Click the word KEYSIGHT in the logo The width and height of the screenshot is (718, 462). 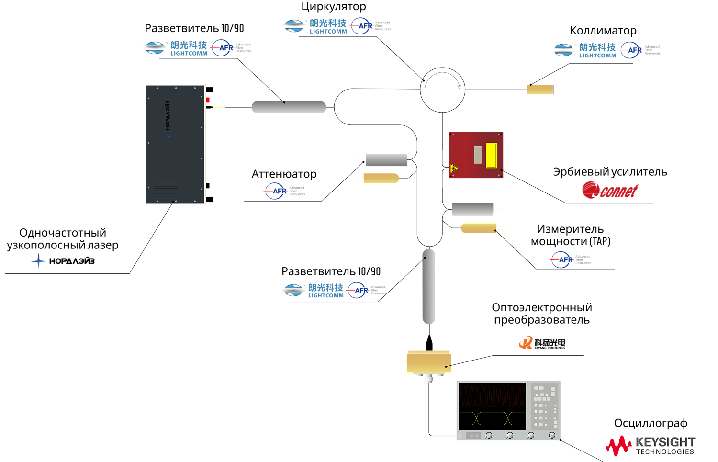pyautogui.click(x=665, y=442)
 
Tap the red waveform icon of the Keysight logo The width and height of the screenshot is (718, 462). pyautogui.click(x=619, y=446)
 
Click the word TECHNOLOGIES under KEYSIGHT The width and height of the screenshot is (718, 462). pyautogui.click(x=665, y=452)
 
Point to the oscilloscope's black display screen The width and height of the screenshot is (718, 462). pyautogui.click(x=492, y=404)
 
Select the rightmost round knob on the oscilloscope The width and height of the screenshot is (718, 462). pyautogui.click(x=552, y=435)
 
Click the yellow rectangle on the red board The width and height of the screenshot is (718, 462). pyautogui.click(x=491, y=156)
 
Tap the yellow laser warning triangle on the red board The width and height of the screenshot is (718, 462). pyautogui.click(x=454, y=168)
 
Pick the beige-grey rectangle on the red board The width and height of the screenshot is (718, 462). pyautogui.click(x=478, y=155)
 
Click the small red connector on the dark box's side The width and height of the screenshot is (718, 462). pyautogui.click(x=208, y=100)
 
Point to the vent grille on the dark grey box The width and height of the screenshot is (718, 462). pyautogui.click(x=166, y=189)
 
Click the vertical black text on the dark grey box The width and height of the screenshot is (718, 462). pyautogui.click(x=168, y=115)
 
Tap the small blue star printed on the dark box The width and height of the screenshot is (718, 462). pyautogui.click(x=167, y=136)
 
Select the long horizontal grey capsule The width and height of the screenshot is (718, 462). pyautogui.click(x=289, y=107)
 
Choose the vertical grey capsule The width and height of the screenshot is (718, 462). pyautogui.click(x=429, y=286)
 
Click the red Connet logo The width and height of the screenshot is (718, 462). pyautogui.click(x=610, y=190)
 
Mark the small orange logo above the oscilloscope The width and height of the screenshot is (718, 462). pyautogui.click(x=526, y=342)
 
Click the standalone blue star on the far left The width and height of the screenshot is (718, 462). pyautogui.click(x=39, y=261)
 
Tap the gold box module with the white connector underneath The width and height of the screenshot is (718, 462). pyautogui.click(x=428, y=362)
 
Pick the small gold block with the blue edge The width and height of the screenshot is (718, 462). pyautogui.click(x=540, y=90)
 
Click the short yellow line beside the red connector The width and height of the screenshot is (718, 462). pyautogui.click(x=219, y=107)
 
